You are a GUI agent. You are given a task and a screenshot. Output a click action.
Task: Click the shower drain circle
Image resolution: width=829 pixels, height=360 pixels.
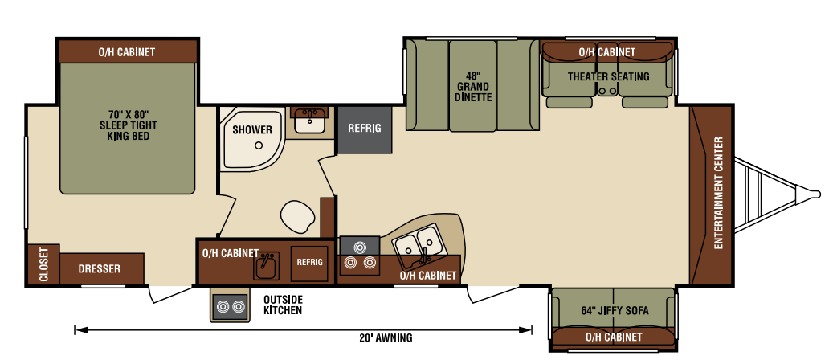pos(259,145)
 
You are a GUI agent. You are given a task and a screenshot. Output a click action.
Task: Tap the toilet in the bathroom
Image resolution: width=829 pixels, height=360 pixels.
pos(298,217)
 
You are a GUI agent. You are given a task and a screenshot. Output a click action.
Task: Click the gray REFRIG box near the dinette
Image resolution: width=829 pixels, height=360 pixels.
pos(365,129)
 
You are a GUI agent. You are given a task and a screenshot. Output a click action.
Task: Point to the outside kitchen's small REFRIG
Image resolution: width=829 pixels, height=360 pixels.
pos(309,264)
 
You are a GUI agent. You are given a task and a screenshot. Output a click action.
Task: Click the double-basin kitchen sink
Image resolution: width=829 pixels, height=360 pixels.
pos(418,245)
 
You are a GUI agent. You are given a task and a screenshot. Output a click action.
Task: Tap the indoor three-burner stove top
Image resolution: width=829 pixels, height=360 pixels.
pos(360,256)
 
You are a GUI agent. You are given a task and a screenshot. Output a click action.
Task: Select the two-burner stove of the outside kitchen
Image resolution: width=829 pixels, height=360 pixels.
pos(231,305)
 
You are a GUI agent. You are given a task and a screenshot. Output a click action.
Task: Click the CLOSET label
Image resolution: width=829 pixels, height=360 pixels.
pos(43,265)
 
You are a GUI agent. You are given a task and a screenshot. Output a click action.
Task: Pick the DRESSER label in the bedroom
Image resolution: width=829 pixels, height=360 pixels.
pos(100,269)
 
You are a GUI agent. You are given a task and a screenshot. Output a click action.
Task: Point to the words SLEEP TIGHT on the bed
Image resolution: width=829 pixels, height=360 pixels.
pos(129,126)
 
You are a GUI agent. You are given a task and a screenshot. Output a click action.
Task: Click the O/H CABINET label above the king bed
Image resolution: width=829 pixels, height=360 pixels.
pos(127,51)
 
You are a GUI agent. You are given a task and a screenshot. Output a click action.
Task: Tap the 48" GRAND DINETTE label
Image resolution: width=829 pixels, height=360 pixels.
pos(472,87)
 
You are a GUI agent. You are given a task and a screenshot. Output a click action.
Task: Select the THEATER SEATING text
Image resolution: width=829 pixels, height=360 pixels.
pos(609,76)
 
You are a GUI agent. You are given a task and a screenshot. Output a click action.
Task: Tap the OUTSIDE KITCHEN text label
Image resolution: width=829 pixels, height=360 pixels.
pos(283,305)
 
